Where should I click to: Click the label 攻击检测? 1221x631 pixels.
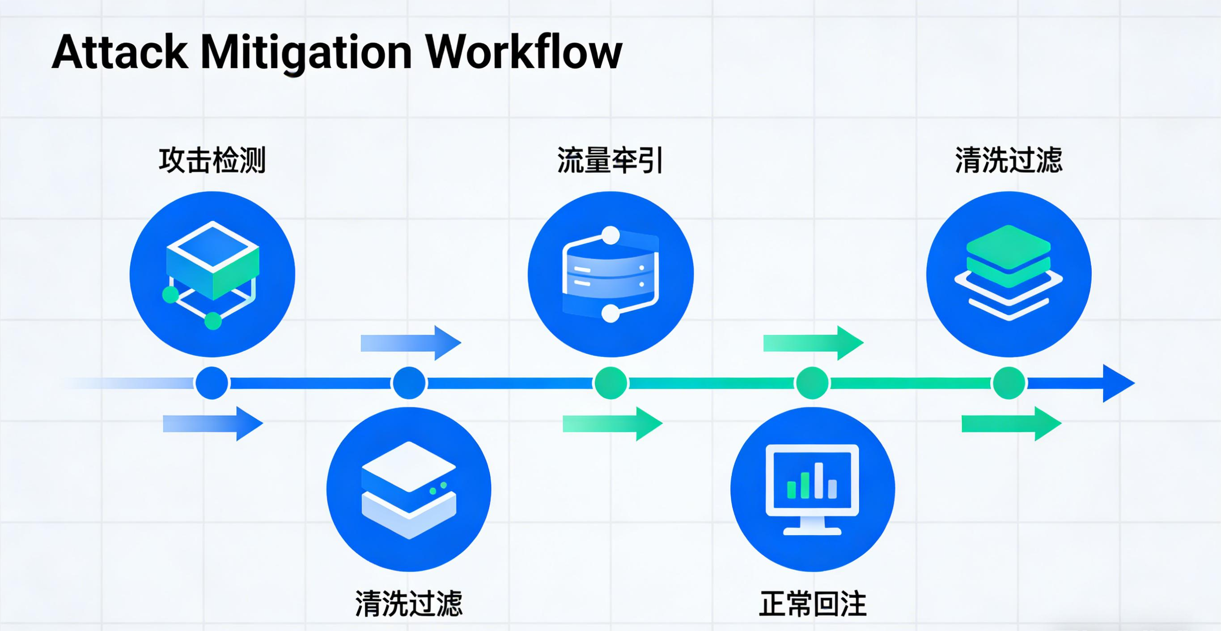click(212, 160)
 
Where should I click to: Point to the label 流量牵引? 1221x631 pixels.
click(610, 160)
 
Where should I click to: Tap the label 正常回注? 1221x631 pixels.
click(812, 604)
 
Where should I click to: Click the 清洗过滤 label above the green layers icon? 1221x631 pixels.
click(1009, 160)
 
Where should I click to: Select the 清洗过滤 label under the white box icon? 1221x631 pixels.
click(409, 604)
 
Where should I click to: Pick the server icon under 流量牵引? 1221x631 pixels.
click(610, 274)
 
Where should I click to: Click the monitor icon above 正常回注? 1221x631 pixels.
click(812, 489)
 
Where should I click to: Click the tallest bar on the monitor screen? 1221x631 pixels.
click(818, 480)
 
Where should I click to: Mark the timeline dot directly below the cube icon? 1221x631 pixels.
click(212, 383)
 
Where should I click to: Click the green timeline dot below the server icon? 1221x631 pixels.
click(610, 383)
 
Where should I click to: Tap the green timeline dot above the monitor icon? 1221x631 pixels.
click(812, 383)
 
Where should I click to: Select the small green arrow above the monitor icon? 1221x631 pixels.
click(813, 343)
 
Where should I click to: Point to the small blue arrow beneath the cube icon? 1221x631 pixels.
click(213, 423)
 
